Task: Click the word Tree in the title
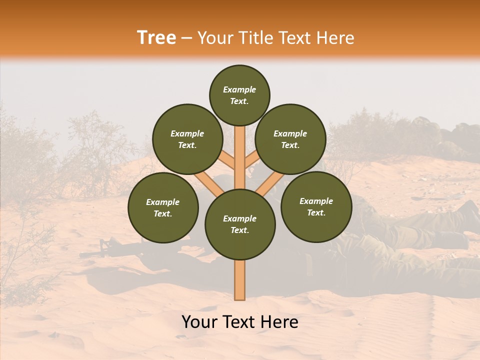click(x=156, y=38)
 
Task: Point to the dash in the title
click(x=187, y=38)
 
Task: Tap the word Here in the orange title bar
click(x=335, y=38)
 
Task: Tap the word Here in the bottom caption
click(x=279, y=322)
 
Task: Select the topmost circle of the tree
click(x=239, y=95)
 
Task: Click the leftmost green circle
click(x=163, y=208)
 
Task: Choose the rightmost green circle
click(x=316, y=207)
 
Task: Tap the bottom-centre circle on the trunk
click(x=240, y=224)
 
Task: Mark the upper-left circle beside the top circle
click(x=187, y=139)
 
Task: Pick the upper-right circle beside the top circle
click(x=290, y=139)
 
